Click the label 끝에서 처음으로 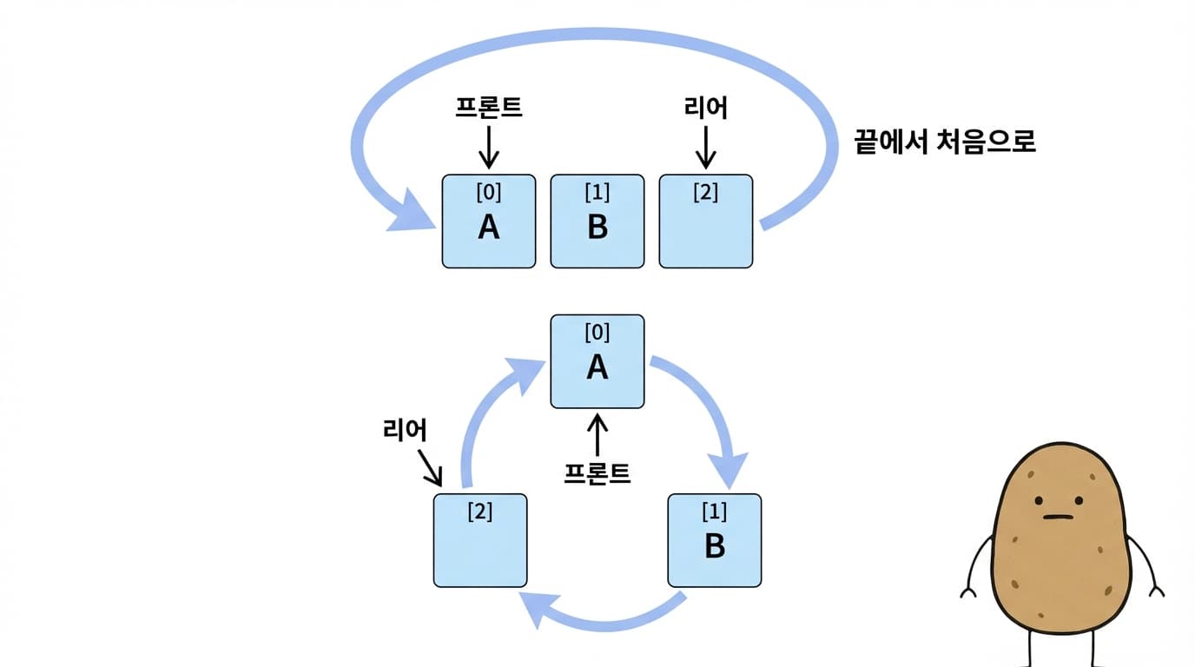(945, 142)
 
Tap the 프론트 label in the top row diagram (489, 107)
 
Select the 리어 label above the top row (705, 108)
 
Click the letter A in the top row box (489, 227)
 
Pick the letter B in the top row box (597, 227)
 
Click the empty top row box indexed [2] (706, 230)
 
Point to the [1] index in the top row (597, 192)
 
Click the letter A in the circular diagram (597, 367)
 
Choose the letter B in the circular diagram (714, 546)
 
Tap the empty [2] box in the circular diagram (480, 547)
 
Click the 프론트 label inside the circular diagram (597, 473)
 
